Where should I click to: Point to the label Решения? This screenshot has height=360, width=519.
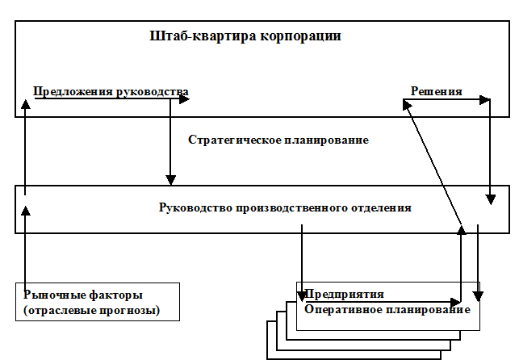point(436,91)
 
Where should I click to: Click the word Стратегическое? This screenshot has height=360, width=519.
point(233,140)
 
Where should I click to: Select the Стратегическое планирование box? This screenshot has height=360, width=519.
point(291,141)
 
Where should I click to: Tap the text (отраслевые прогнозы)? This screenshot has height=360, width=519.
point(91,310)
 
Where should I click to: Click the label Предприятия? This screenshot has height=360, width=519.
point(343,294)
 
